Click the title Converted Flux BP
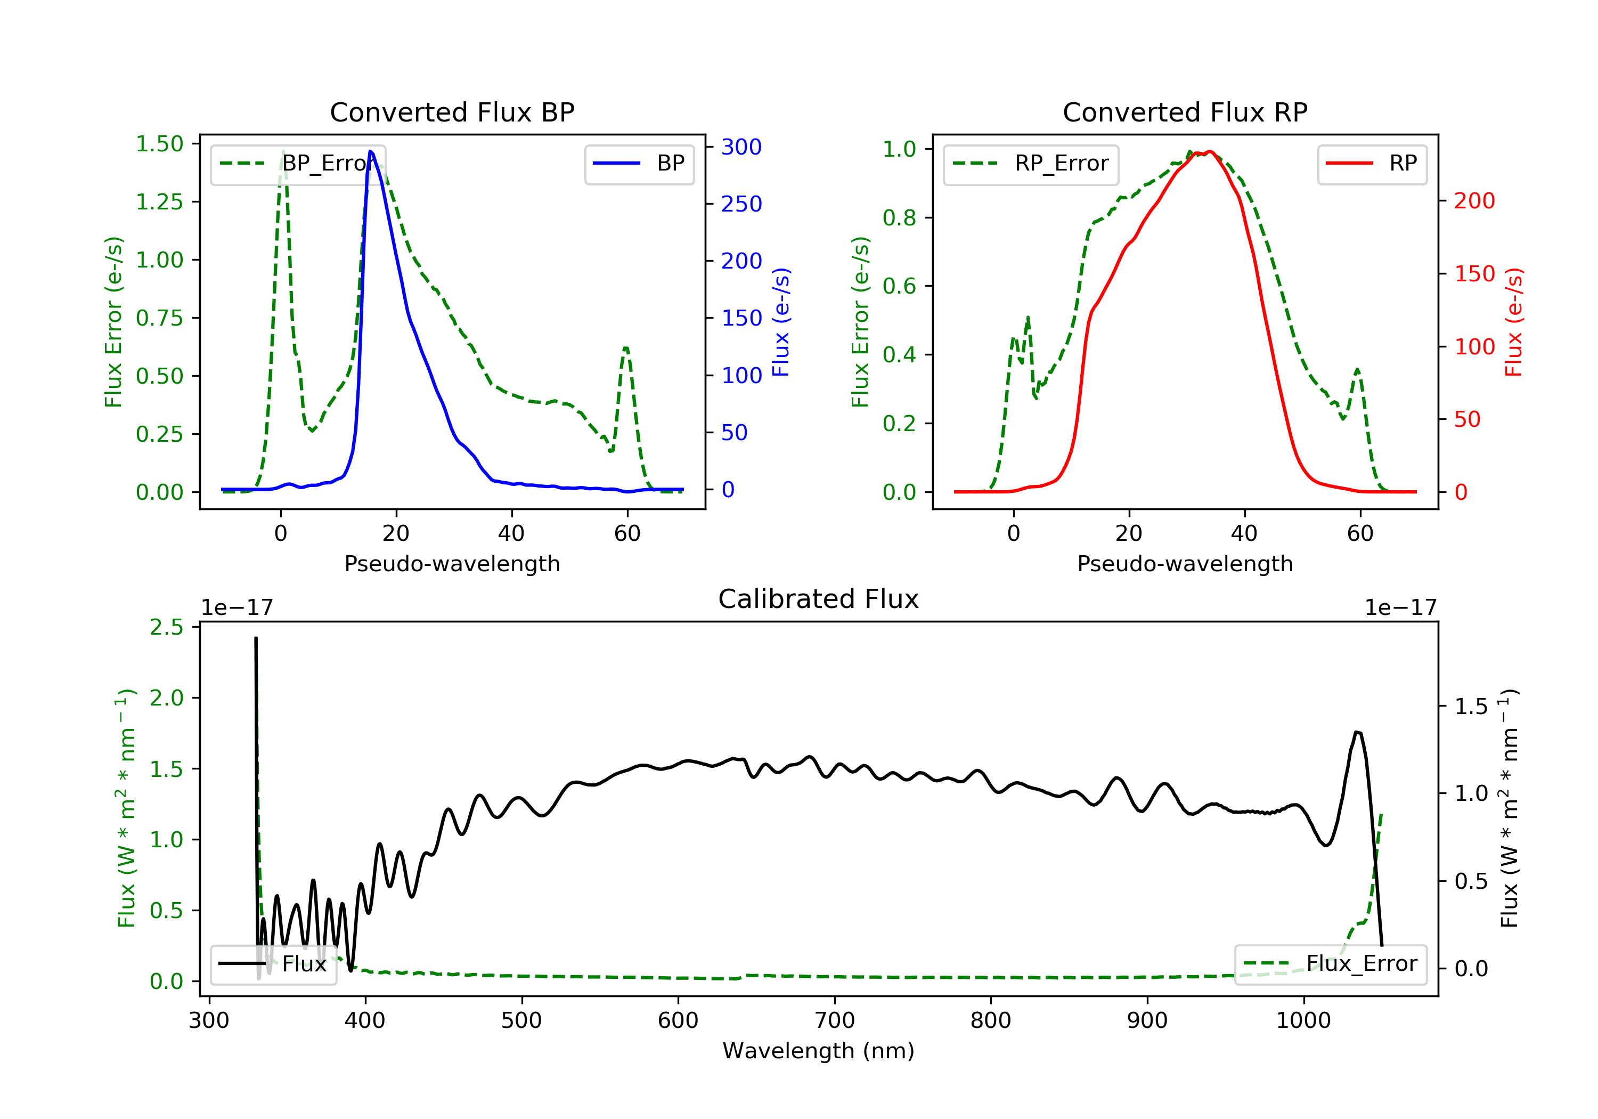click(x=452, y=112)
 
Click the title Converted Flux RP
click(x=1185, y=112)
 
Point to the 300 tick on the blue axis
click(x=741, y=147)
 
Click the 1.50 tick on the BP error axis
click(x=159, y=144)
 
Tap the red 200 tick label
click(x=1474, y=201)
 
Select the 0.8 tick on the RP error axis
click(x=899, y=218)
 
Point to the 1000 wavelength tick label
click(x=1303, y=1021)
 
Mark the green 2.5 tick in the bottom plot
click(x=166, y=627)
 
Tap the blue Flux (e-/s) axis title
click(x=781, y=322)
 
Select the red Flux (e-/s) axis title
click(x=1514, y=322)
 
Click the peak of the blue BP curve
click(x=370, y=151)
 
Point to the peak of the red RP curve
click(x=1210, y=151)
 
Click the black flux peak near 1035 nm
click(x=1357, y=733)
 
